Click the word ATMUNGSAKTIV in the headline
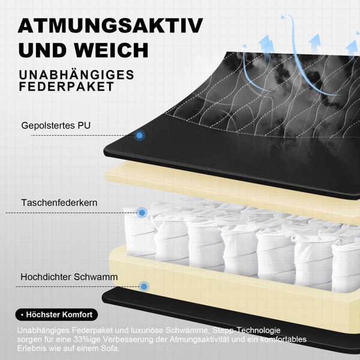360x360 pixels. [110, 25]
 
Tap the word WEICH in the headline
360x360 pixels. [111, 50]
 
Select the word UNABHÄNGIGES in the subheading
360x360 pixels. [76, 74]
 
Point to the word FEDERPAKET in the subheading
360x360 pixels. [67, 86]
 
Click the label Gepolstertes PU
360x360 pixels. [56, 125]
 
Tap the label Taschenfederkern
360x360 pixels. [59, 203]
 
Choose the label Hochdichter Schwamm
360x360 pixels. [69, 277]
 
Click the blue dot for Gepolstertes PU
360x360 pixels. [139, 136]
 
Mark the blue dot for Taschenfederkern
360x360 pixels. [142, 213]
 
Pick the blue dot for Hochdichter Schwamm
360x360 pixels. [144, 287]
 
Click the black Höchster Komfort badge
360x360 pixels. [56, 314]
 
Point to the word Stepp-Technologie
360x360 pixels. [247, 331]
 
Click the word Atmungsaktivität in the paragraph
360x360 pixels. [199, 340]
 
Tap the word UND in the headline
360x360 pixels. [44, 50]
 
